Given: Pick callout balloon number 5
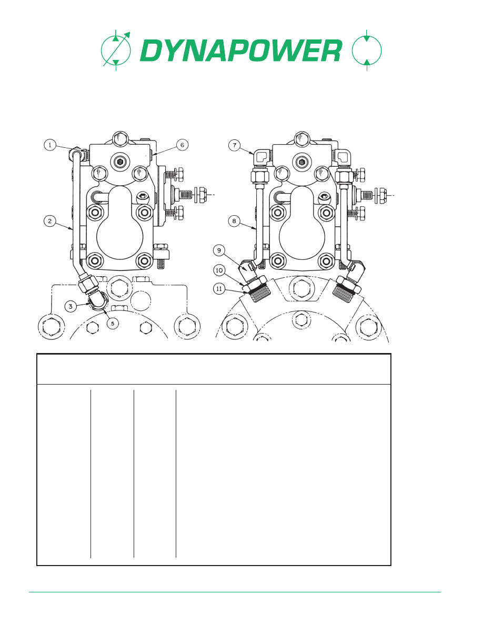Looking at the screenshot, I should (113, 323).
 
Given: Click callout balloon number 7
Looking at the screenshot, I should (234, 145).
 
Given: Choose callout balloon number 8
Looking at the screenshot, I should (234, 221).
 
